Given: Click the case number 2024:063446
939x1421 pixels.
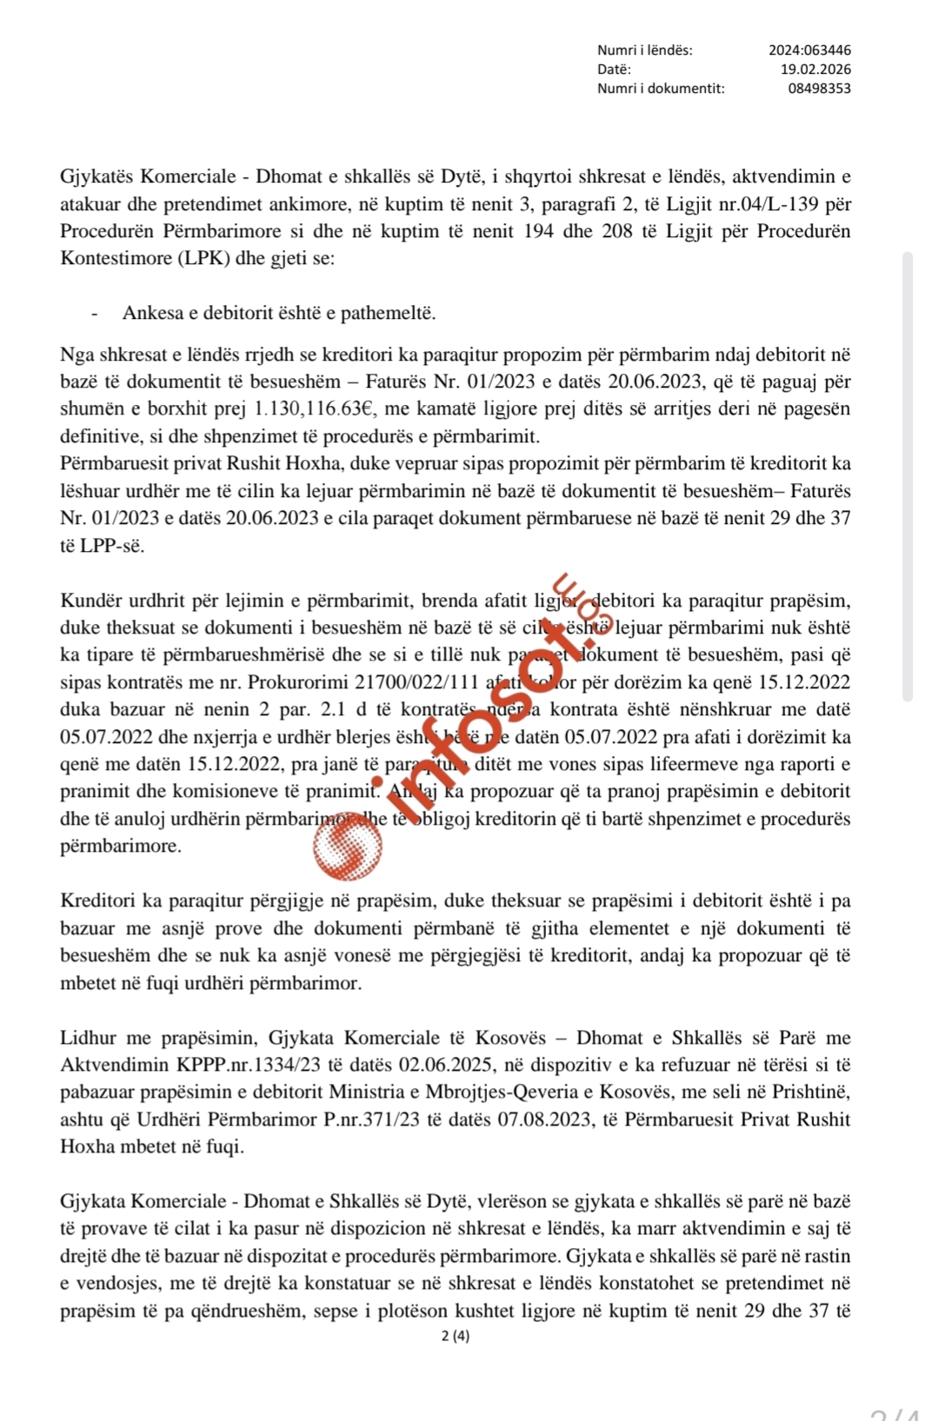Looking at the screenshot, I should click(x=809, y=50).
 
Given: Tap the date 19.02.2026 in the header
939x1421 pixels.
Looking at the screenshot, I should click(x=815, y=70).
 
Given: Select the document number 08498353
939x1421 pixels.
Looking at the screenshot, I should click(x=819, y=89).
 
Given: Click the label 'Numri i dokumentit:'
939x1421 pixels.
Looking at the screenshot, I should click(x=660, y=89).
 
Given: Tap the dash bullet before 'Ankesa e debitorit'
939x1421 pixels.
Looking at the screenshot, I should click(x=94, y=313).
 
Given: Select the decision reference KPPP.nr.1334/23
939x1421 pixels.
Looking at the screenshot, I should click(x=240, y=1065).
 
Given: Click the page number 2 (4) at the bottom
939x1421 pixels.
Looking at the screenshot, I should click(x=456, y=1336).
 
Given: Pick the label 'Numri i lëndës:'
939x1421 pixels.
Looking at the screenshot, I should click(x=644, y=50).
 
